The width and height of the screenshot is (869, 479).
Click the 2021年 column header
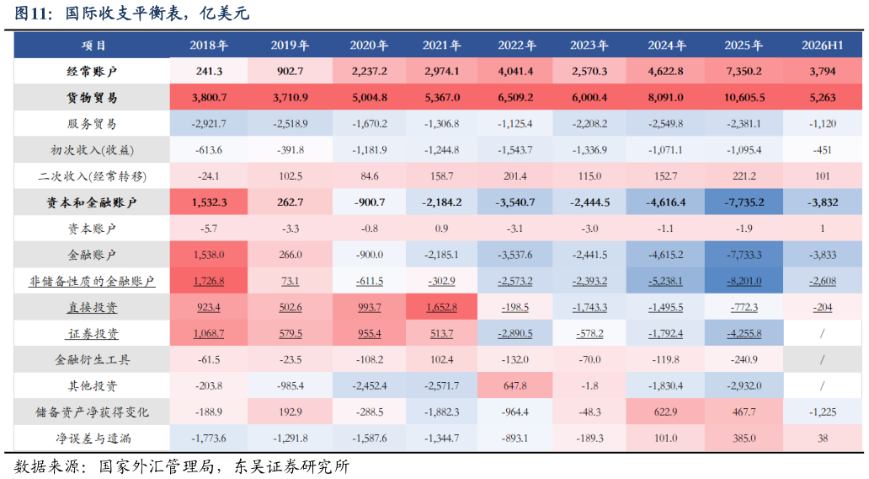tap(442, 46)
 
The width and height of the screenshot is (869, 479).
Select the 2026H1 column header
tap(823, 46)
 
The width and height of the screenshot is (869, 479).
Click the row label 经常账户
tap(92, 72)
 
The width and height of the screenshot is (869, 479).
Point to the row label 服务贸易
tap(92, 124)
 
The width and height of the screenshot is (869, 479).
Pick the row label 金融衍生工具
tap(93, 359)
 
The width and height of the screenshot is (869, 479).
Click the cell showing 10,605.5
tap(744, 98)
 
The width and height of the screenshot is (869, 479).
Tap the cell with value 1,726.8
tap(208, 282)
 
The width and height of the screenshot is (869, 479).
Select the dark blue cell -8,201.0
tap(744, 282)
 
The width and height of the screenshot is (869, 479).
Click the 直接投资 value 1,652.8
tap(442, 308)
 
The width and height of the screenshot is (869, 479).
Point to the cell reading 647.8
tap(515, 385)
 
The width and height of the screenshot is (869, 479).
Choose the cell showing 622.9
tap(665, 412)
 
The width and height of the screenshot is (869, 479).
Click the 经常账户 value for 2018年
tap(209, 72)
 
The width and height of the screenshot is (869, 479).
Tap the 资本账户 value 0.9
tap(442, 229)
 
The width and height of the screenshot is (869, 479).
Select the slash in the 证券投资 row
tap(823, 334)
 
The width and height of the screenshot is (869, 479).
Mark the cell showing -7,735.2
tap(744, 202)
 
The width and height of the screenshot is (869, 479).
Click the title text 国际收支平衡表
tap(124, 13)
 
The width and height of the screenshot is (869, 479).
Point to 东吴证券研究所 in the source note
tap(292, 466)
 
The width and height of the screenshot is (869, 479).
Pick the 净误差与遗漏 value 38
tap(823, 439)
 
